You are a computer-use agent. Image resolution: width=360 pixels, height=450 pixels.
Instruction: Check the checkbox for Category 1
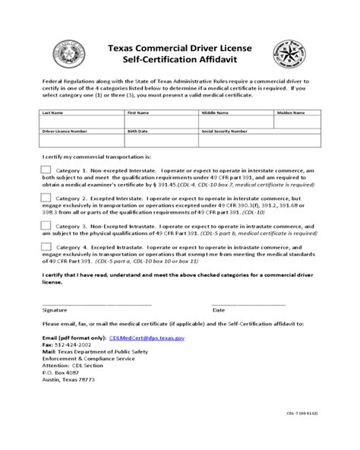46,170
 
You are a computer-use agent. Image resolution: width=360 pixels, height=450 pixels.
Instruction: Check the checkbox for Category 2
46,198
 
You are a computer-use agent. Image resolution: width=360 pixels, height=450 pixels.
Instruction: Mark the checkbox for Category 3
46,226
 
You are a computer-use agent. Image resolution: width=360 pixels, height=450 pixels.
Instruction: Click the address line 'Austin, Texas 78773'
69,379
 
